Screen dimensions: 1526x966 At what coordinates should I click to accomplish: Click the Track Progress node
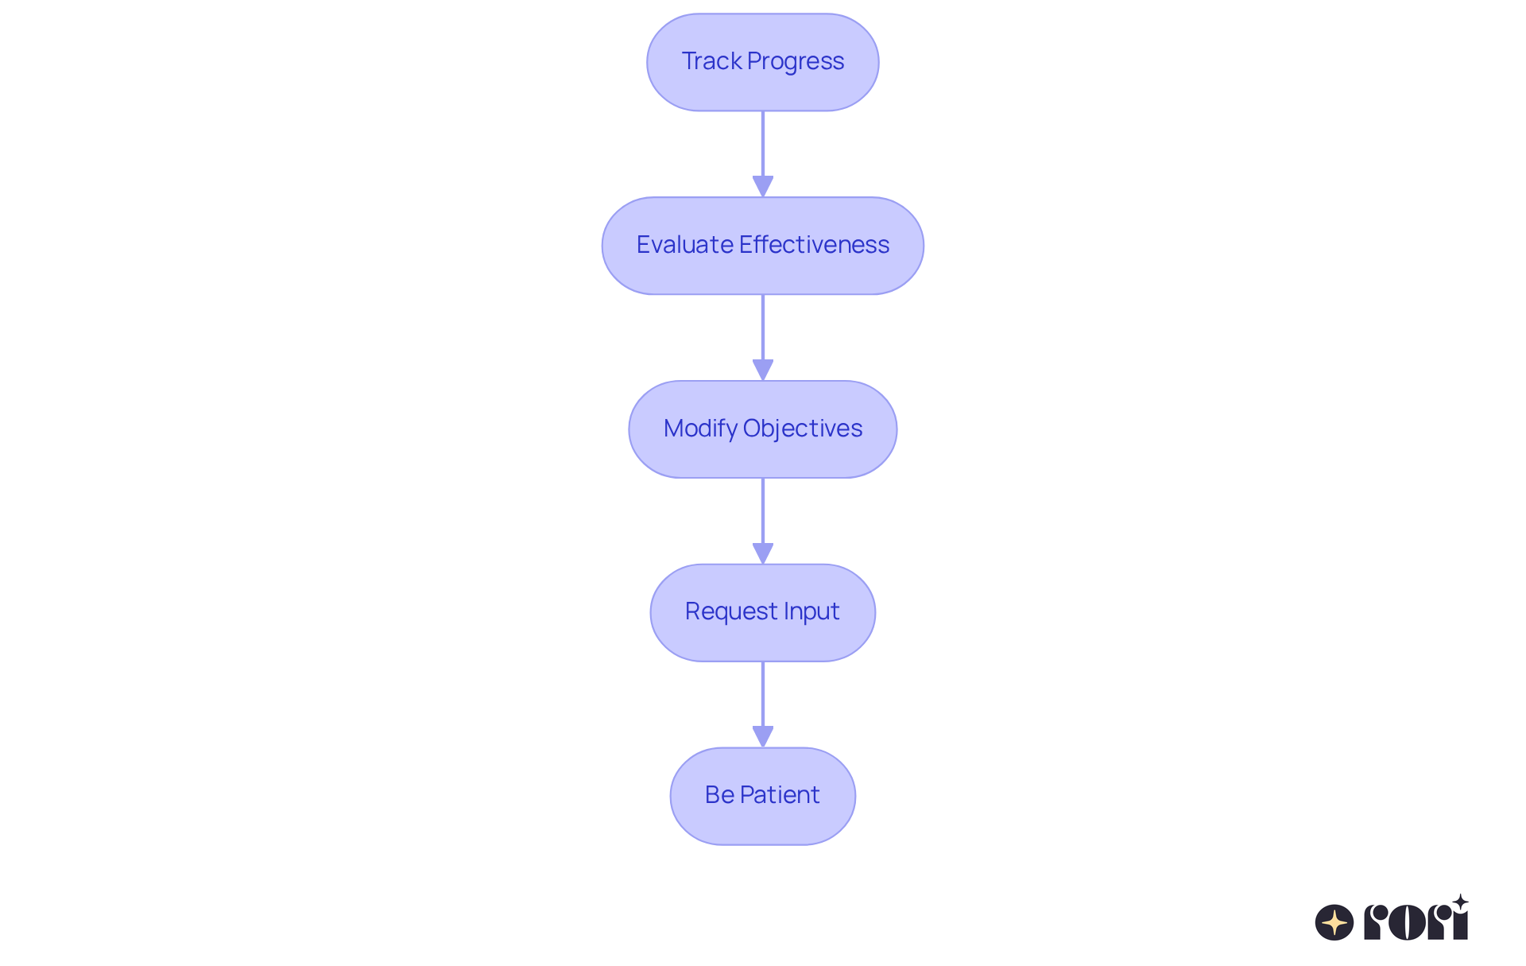click(x=763, y=62)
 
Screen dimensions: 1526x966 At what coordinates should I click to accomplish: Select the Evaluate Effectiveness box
click(x=763, y=246)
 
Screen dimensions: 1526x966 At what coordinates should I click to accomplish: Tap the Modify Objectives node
click(x=763, y=429)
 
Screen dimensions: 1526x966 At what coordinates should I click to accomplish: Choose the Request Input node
click(x=763, y=613)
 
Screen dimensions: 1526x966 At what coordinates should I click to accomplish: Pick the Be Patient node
click(x=763, y=796)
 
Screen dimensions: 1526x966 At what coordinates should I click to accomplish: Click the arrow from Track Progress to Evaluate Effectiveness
click(x=763, y=154)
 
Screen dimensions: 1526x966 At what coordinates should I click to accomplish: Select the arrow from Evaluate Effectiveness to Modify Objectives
click(x=763, y=338)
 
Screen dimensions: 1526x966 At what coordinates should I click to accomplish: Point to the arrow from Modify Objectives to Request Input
click(x=763, y=522)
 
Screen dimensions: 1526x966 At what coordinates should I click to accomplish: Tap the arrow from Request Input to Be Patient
click(x=763, y=704)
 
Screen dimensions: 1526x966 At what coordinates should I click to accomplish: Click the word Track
click(x=711, y=61)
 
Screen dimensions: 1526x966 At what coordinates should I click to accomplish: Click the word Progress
click(x=796, y=62)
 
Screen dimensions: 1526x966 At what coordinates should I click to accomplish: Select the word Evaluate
click(x=684, y=244)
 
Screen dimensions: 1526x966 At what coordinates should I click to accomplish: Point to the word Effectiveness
click(x=814, y=244)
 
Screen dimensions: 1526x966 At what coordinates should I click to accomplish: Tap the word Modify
click(x=700, y=429)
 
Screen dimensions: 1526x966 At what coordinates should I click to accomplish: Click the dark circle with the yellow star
click(x=1334, y=922)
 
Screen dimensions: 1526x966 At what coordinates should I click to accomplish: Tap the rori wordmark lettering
click(x=1416, y=918)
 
